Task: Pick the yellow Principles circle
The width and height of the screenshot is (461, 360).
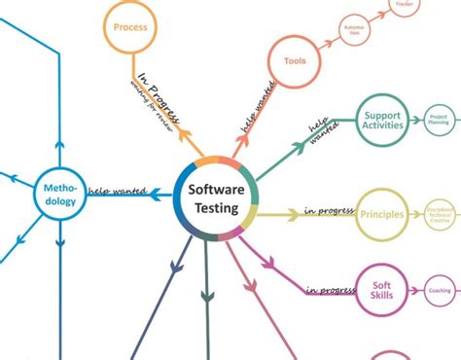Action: pos(381,213)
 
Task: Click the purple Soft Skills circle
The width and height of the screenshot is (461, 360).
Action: pos(382,291)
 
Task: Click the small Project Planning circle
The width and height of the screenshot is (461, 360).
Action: pos(439,122)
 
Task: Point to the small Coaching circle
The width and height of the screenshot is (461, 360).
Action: pos(439,291)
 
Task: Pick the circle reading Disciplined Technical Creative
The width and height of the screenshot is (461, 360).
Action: pos(439,213)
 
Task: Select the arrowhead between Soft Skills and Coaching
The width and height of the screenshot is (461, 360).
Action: pos(416,291)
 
